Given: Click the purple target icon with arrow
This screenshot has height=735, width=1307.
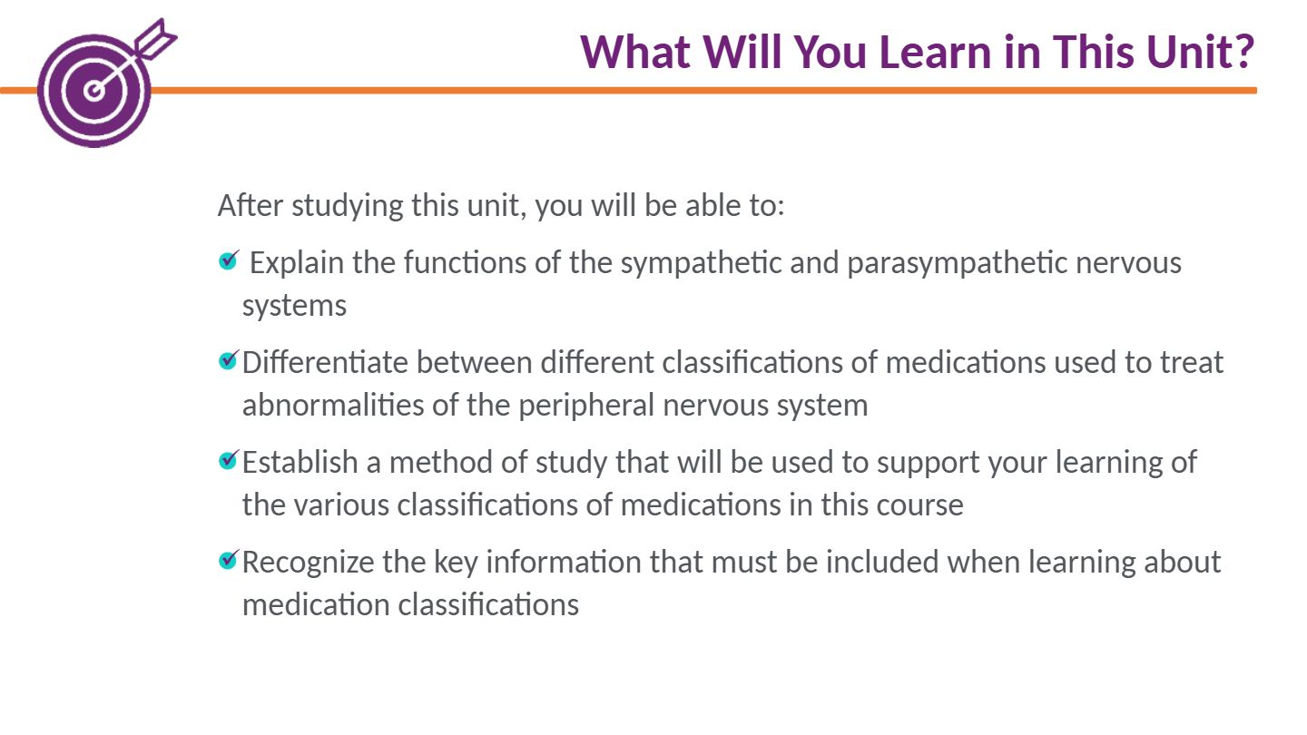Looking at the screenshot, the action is (x=99, y=84).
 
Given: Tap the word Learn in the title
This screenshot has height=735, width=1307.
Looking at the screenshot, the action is (x=935, y=52).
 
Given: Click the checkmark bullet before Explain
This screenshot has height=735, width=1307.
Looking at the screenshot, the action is (x=229, y=260).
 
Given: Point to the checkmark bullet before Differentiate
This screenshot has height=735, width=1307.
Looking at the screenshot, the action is (x=229, y=360).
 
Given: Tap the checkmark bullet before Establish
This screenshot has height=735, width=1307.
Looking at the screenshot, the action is (x=229, y=460).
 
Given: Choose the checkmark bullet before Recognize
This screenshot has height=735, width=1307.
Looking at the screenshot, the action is (x=229, y=559).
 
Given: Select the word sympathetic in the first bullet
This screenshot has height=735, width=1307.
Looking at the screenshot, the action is (x=701, y=263).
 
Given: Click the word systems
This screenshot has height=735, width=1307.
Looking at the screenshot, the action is (x=295, y=307).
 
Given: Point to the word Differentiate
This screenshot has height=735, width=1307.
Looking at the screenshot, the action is (x=325, y=362).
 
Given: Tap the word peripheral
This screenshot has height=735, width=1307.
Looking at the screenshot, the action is (x=586, y=406).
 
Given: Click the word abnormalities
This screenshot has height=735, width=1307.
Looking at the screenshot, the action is (x=333, y=405).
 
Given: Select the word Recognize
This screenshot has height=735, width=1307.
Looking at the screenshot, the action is (x=308, y=563).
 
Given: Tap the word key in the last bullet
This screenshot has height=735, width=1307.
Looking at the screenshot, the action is (x=456, y=563).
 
